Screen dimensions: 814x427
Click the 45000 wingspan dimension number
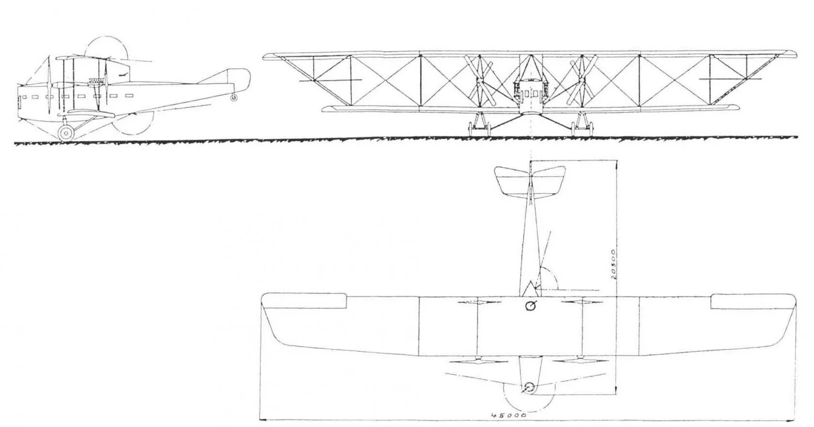[x=508, y=415]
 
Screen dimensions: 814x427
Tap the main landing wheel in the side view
[x=66, y=132]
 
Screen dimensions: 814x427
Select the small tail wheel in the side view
[x=235, y=97]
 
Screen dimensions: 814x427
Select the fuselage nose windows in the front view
[x=531, y=94]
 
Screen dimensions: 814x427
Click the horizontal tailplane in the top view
[x=530, y=180]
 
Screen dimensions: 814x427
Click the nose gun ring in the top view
[x=529, y=387]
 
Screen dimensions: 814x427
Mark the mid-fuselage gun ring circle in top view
[x=531, y=305]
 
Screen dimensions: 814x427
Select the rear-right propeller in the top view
[x=581, y=302]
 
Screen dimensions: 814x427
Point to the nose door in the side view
[x=20, y=102]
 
